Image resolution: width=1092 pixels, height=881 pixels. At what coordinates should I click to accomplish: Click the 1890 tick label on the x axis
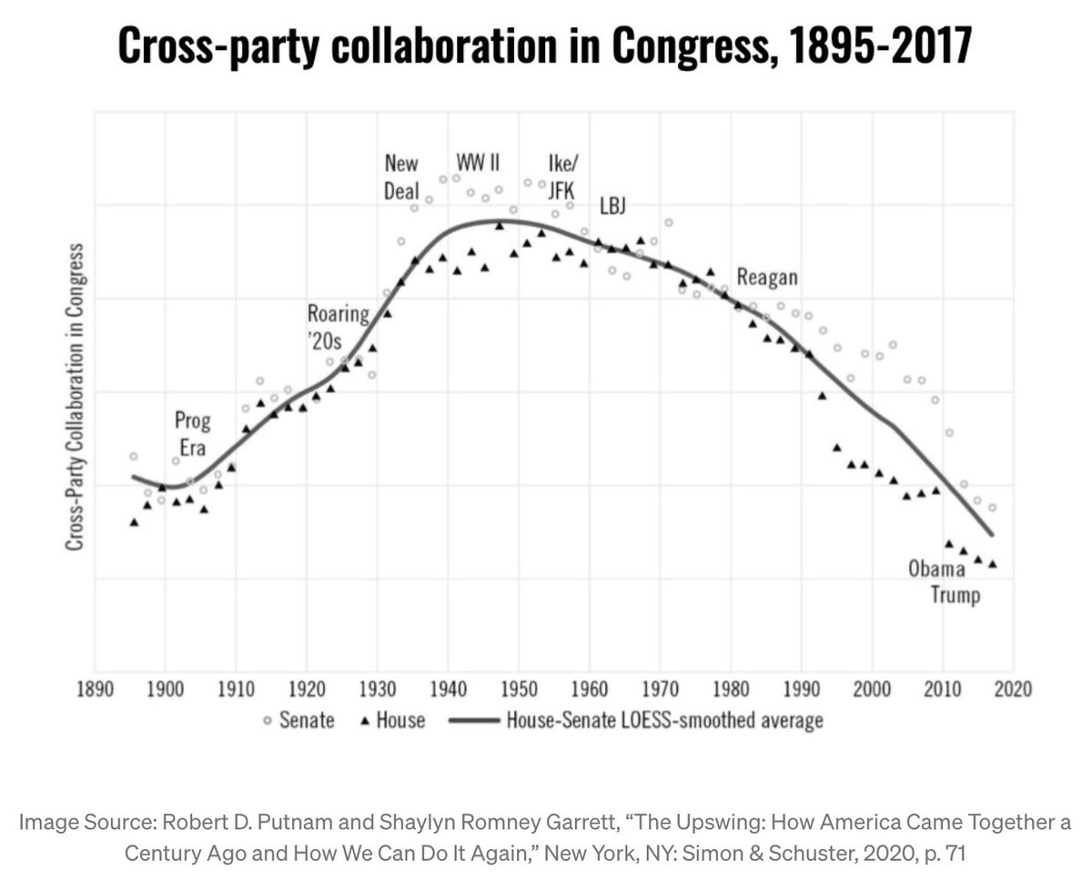(94, 688)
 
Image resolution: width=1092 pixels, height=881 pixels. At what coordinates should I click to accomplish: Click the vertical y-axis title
(72, 396)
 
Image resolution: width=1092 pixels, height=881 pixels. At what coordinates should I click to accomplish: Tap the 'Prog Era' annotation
(193, 434)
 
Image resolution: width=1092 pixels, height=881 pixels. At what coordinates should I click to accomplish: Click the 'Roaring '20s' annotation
(338, 329)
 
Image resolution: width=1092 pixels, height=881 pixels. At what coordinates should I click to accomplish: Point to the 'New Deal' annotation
(401, 177)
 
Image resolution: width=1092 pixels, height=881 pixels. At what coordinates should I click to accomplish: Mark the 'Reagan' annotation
(767, 278)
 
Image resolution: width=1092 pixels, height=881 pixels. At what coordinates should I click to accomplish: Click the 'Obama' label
(936, 570)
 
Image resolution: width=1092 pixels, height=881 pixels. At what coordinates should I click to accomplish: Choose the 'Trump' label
(955, 596)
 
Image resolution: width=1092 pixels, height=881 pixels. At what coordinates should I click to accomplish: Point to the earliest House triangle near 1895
(135, 522)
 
